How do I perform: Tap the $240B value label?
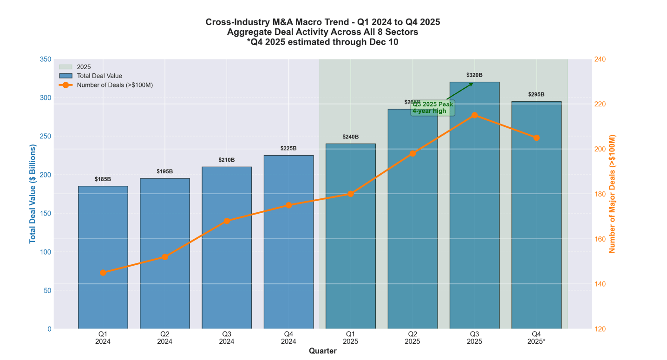coord(351,137)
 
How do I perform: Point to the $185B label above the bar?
coord(103,179)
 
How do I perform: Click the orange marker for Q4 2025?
coord(536,138)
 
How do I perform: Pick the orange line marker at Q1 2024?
coord(103,273)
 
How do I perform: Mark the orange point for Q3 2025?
coord(474,115)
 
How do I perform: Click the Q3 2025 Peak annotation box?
coord(432,108)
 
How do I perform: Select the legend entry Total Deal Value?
coord(99,76)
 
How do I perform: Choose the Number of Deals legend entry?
coord(114,85)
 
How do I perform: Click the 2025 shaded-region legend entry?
coord(84,67)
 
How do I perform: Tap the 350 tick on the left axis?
coord(46,59)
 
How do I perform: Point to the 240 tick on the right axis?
coord(601,59)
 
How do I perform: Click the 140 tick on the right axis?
coord(601,284)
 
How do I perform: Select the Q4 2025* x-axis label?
coord(536,338)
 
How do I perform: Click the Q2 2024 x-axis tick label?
coord(165,338)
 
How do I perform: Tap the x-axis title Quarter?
coord(323,351)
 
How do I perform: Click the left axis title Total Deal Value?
coord(33,194)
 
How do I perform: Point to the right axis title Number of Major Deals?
coord(612,194)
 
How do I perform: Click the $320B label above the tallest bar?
coord(474,75)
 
